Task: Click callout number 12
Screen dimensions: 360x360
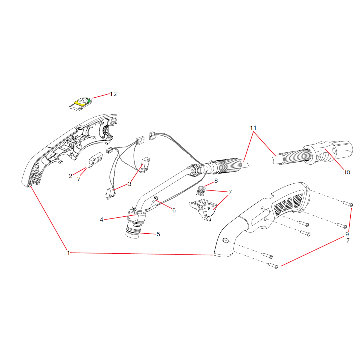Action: pyautogui.click(x=113, y=94)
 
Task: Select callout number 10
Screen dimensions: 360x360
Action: pyautogui.click(x=347, y=172)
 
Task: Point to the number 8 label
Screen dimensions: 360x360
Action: pyautogui.click(x=216, y=181)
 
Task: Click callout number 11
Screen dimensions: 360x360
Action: pyautogui.click(x=253, y=128)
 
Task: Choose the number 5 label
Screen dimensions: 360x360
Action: pyautogui.click(x=158, y=234)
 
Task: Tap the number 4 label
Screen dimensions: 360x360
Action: pyautogui.click(x=102, y=220)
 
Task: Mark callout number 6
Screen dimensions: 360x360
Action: pyautogui.click(x=174, y=210)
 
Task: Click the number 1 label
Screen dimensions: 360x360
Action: pyautogui.click(x=69, y=253)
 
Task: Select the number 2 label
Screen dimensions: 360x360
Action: pyautogui.click(x=70, y=176)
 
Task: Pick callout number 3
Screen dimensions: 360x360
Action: pyautogui.click(x=129, y=184)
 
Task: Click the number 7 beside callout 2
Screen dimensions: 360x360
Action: pyautogui.click(x=79, y=179)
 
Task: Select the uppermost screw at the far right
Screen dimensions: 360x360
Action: pyautogui.click(x=347, y=204)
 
